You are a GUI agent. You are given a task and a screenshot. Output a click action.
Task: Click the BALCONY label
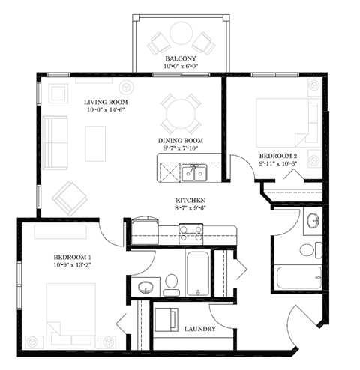pyautogui.click(x=181, y=57)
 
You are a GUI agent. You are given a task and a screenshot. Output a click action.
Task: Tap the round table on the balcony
pyautogui.click(x=181, y=34)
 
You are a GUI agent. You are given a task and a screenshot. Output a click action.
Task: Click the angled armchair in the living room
pyautogui.click(x=68, y=198)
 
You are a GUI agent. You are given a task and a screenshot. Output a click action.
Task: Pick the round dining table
pyautogui.click(x=181, y=114)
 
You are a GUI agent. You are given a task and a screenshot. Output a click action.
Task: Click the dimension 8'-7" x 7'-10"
pyautogui.click(x=180, y=148)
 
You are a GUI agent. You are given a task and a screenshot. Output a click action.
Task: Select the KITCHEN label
pyautogui.click(x=190, y=201)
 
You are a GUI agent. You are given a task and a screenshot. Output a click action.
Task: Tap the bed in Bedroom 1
pyautogui.click(x=73, y=309)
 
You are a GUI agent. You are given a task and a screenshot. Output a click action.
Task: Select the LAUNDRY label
pyautogui.click(x=200, y=329)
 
